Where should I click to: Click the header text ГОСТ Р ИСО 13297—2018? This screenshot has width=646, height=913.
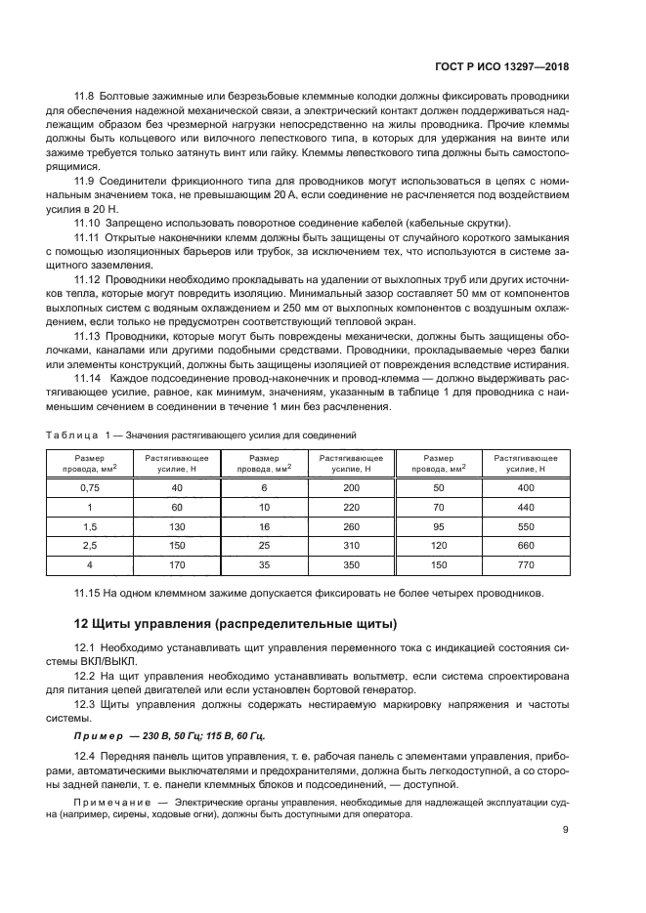coord(500,69)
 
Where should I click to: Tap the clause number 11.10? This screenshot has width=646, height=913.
coord(89,223)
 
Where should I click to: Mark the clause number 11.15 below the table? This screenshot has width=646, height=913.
coord(89,592)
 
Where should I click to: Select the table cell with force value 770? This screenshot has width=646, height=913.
coord(526,564)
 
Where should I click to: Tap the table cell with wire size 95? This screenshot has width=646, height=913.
coord(438,525)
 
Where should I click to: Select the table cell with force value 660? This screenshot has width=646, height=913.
coord(526,545)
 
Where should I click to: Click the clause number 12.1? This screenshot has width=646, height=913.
coord(89,647)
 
